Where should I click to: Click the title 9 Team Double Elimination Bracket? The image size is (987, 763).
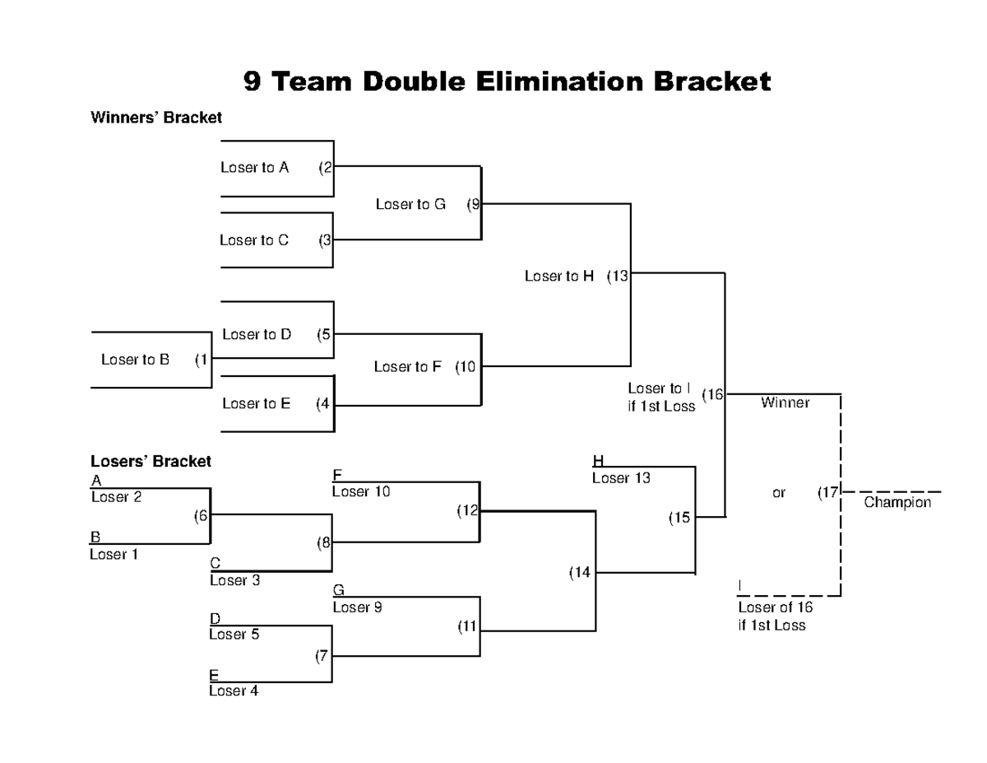(507, 82)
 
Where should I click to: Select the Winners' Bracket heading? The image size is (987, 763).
(155, 118)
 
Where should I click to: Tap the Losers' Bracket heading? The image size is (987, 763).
(151, 462)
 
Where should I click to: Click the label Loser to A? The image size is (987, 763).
(254, 168)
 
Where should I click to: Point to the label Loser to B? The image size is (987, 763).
(135, 359)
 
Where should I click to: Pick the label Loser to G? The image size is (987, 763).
(410, 204)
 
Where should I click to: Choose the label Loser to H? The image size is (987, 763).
(559, 277)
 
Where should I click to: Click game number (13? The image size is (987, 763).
(618, 277)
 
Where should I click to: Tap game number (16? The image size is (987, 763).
(712, 395)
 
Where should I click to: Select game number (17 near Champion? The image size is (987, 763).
(827, 493)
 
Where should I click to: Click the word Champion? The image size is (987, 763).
(897, 502)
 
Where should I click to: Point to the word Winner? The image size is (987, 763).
(785, 402)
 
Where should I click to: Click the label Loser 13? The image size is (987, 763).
(622, 478)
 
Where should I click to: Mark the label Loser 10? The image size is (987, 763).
(361, 491)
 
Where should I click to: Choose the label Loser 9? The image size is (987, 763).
(357, 607)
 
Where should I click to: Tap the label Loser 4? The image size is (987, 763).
(234, 691)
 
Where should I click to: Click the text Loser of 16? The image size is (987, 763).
(775, 607)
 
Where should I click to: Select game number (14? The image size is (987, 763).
(580, 573)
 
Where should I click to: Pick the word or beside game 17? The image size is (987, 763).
(779, 493)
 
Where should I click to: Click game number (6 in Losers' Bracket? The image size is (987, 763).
(201, 516)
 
